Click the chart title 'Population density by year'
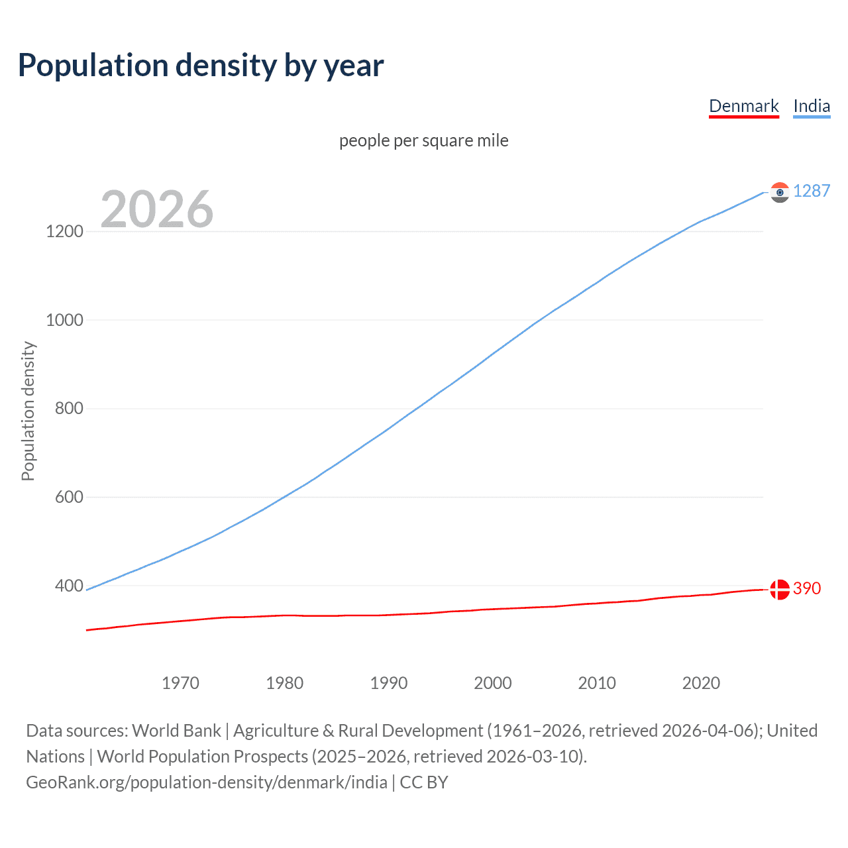[201, 66]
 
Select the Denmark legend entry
[743, 106]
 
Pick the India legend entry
[811, 106]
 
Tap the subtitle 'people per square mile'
[423, 140]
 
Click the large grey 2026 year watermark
[157, 209]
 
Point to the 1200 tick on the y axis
[64, 231]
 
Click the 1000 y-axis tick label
[64, 320]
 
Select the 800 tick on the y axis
[69, 408]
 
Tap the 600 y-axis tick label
[69, 497]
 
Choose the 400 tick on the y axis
[69, 586]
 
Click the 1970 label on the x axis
[180, 683]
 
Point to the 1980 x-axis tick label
[284, 683]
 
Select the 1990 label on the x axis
[389, 683]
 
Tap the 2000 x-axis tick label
[493, 683]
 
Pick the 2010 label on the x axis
[597, 683]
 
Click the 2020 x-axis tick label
[701, 683]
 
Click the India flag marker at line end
[780, 192]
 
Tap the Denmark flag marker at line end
[780, 589]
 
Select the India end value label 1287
[811, 191]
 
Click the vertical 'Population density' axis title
[28, 411]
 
